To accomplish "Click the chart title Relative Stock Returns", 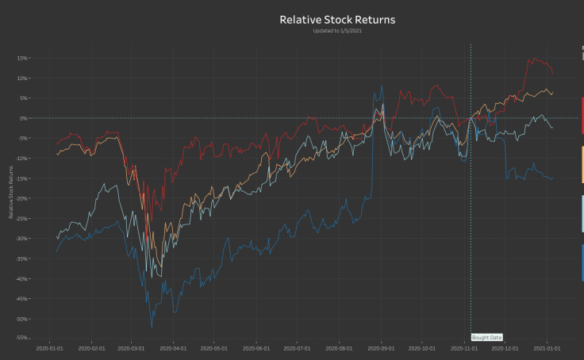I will pyautogui.click(x=337, y=19).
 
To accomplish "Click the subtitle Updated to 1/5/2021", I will pyautogui.click(x=337, y=30).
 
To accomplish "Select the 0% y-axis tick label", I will pyautogui.click(x=24, y=118).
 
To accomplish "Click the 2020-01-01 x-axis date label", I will pyautogui.click(x=50, y=347).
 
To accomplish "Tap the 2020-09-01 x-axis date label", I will pyautogui.click(x=381, y=347).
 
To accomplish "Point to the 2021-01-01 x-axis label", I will pyautogui.click(x=547, y=347).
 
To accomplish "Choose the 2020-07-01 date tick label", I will pyautogui.click(x=297, y=347).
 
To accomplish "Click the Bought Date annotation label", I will pyautogui.click(x=486, y=338).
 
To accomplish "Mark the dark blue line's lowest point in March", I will pyautogui.click(x=152, y=326).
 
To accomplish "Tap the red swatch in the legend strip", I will pyautogui.click(x=582, y=116).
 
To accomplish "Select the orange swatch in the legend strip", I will pyautogui.click(x=582, y=165).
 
